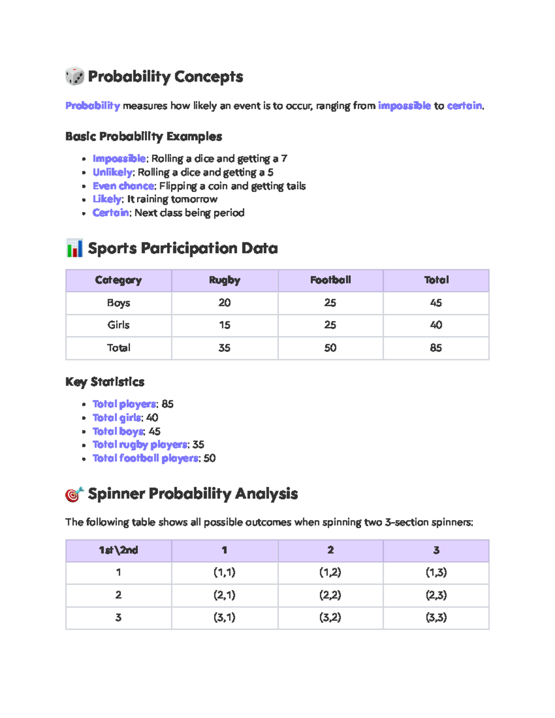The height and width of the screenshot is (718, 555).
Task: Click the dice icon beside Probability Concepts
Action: coord(74,76)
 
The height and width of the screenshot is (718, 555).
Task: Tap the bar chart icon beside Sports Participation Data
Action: coord(74,248)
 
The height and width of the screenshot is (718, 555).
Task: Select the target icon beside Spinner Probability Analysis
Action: coord(74,494)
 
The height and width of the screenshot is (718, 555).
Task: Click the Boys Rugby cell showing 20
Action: coord(224,303)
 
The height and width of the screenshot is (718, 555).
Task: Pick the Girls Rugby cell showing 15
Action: coord(224,325)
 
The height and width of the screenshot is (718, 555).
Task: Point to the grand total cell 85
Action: coord(436,348)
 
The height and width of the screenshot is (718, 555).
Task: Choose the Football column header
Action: coord(330,280)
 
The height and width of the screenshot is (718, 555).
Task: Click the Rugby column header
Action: coord(224,280)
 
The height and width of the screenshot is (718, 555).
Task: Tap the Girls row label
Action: coord(118,325)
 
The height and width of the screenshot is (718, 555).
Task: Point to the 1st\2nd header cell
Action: coord(118,550)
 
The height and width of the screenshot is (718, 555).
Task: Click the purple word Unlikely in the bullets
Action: coord(112,172)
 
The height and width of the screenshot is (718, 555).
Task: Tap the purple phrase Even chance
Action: coord(123,186)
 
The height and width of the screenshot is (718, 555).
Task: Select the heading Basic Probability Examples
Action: coord(143,136)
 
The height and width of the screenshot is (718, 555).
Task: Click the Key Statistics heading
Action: coord(105,382)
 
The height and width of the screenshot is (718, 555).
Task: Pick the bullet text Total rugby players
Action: coord(140,445)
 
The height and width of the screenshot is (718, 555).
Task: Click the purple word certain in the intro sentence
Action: coord(464,106)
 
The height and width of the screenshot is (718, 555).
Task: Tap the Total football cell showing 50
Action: coord(330,348)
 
